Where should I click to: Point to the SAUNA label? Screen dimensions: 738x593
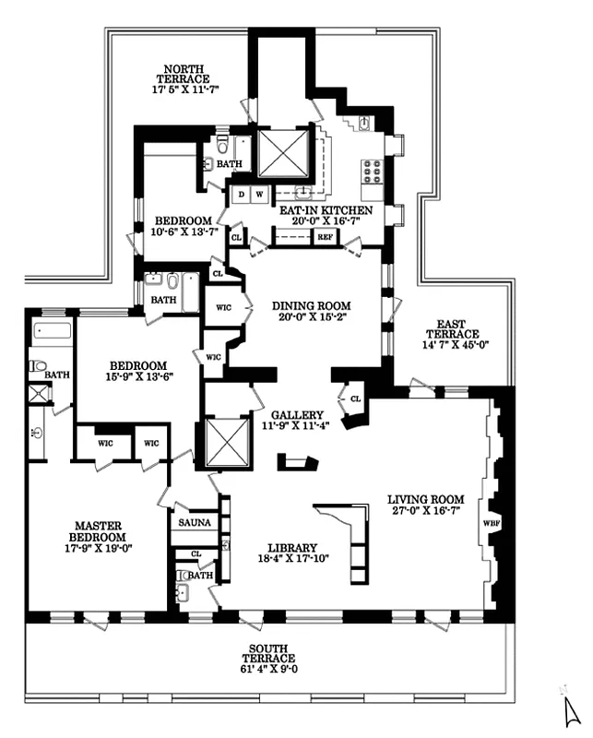194,522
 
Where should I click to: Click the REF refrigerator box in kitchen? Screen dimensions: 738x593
325,237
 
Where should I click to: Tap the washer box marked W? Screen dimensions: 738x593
259,195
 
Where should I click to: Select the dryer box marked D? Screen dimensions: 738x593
242,195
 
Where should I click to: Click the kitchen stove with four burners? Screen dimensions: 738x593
373,172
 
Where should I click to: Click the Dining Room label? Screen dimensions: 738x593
312,306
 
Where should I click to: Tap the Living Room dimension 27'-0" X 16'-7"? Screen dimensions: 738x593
423,510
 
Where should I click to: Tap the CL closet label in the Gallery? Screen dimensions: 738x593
355,399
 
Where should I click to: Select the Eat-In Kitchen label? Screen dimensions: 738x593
326,210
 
